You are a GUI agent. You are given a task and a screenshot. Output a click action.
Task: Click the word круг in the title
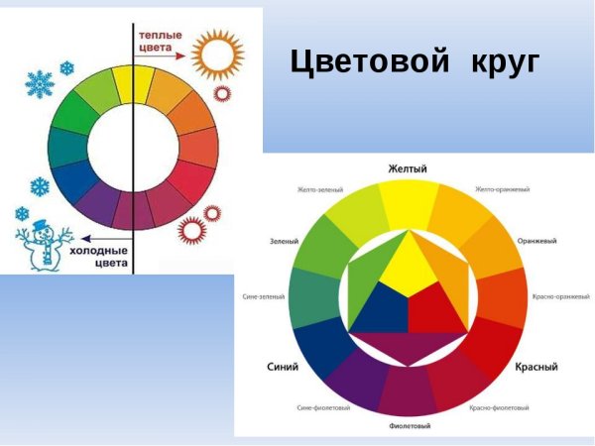[x=501, y=62]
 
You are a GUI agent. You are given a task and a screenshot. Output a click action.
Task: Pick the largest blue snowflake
[x=39, y=84]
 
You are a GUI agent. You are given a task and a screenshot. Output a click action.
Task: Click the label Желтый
[x=407, y=169]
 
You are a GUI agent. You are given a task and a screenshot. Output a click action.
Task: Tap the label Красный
[x=535, y=367]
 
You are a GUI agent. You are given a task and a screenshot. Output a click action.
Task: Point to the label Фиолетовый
[x=408, y=426]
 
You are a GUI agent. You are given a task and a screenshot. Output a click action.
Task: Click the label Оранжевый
[x=536, y=241]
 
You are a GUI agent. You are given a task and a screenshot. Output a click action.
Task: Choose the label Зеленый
[x=284, y=241]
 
